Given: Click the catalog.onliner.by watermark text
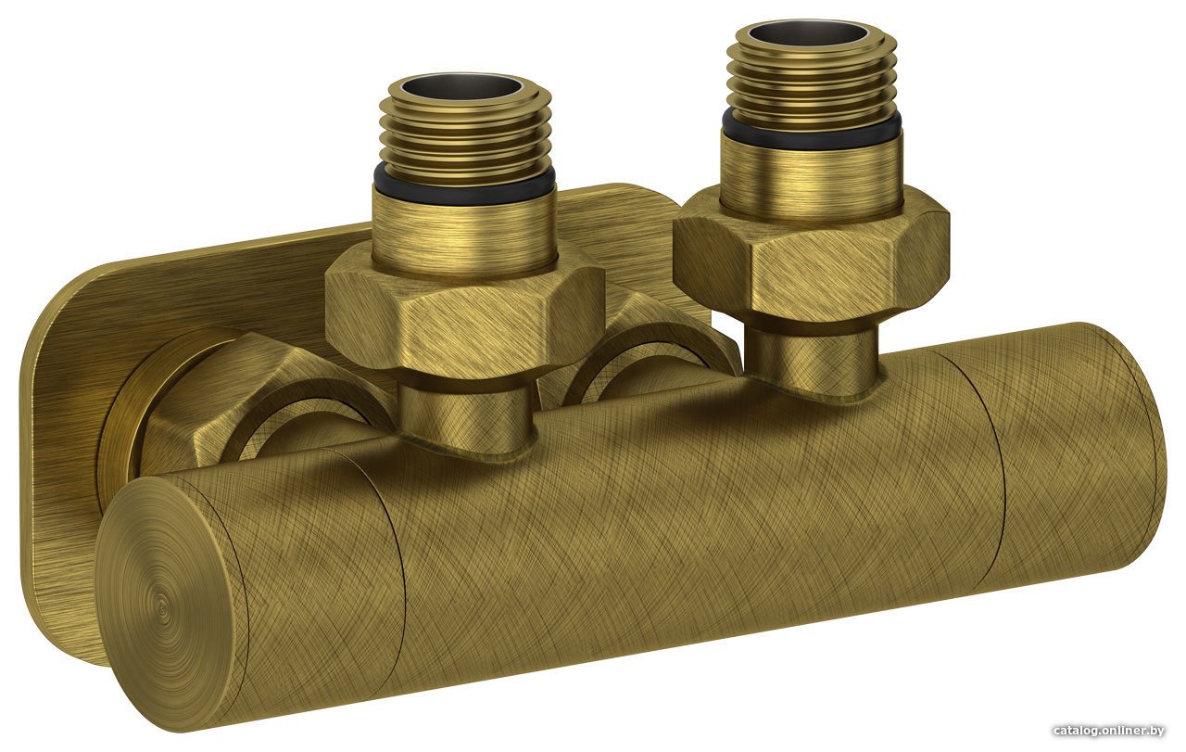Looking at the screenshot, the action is [x=1109, y=731].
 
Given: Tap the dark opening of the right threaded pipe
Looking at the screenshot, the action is [x=809, y=33].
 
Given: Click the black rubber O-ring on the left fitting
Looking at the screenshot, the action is [x=464, y=183].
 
